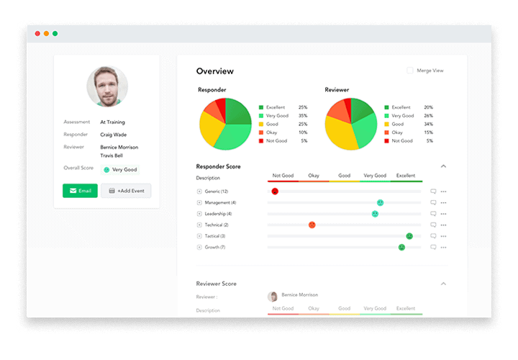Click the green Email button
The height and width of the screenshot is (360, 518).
point(80,191)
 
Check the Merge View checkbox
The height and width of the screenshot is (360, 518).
point(410,71)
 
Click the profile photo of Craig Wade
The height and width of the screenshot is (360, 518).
point(107,86)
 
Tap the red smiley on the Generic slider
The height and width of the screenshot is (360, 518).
point(275,192)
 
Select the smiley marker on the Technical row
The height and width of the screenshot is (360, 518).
point(312,225)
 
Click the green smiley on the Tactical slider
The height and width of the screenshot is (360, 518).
point(409,236)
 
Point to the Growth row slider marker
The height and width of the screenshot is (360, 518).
point(401,247)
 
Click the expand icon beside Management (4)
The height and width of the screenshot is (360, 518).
point(199,203)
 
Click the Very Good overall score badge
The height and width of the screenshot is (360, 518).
point(120,170)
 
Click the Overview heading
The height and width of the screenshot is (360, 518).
point(215,71)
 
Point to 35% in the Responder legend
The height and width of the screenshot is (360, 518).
point(303,115)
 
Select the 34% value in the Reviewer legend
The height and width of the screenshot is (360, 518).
point(429,124)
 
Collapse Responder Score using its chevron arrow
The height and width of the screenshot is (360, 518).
point(443,166)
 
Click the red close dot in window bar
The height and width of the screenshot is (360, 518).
point(37,33)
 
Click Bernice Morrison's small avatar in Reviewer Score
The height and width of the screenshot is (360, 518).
point(273,296)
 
